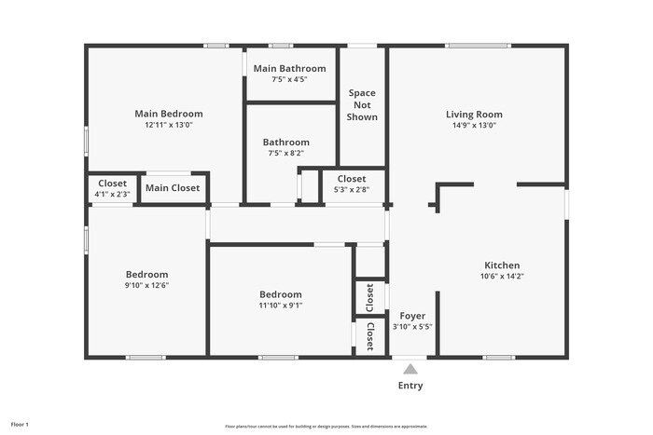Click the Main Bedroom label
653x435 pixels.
coord(168,114)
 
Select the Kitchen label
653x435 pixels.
coord(502,265)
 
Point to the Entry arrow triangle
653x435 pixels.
coord(410,369)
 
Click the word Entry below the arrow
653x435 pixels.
coord(410,386)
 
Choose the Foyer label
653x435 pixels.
coord(412,316)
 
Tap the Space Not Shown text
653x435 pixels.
coord(362,104)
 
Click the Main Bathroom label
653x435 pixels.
coord(290,68)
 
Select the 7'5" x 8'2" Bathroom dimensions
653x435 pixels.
coord(286,153)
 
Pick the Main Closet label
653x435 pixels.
coord(172,188)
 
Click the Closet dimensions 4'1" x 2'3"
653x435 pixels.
coord(113,195)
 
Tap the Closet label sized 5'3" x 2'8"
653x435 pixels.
coord(352,179)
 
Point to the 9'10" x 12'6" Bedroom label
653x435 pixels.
coord(147,274)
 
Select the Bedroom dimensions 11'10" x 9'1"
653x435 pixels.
coord(281,305)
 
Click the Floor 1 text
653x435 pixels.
coord(19,425)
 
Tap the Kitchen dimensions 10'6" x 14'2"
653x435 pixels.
coord(502,276)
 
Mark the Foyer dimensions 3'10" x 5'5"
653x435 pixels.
coord(412,327)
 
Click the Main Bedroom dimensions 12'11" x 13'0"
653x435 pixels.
coord(168,125)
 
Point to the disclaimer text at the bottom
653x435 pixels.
coord(326,426)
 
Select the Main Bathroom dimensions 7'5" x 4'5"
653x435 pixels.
coord(290,79)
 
